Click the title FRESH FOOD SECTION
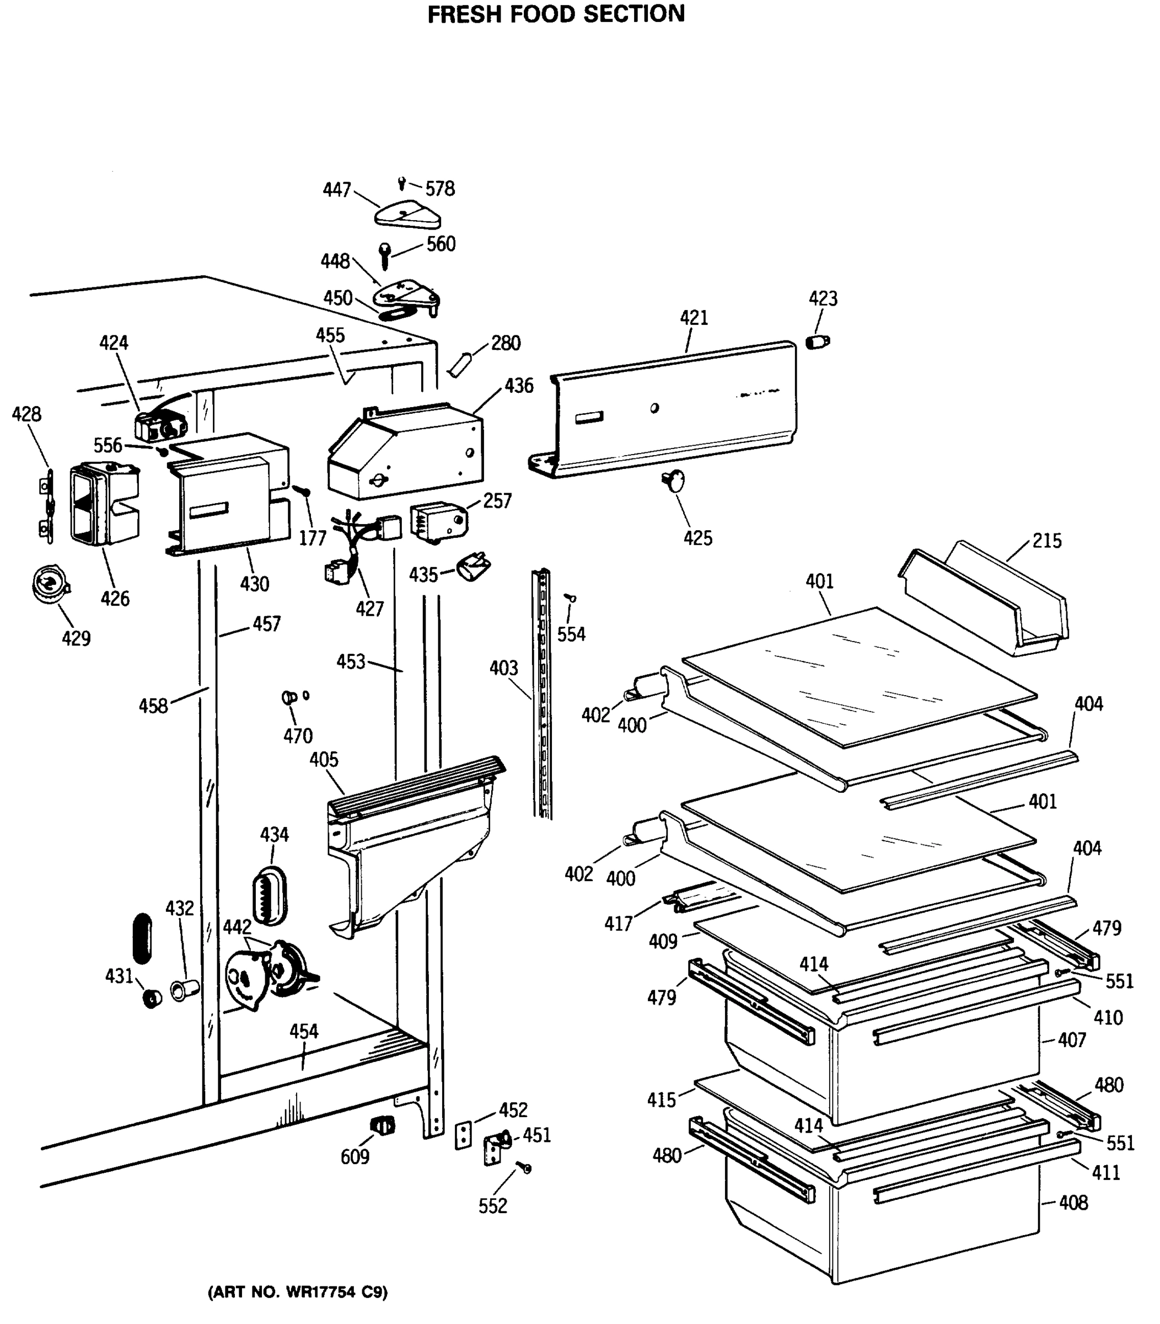click(x=556, y=14)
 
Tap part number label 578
click(x=440, y=189)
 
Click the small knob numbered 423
click(x=818, y=341)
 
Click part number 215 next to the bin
click(x=1047, y=540)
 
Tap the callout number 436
click(x=519, y=386)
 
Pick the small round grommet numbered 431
click(x=152, y=998)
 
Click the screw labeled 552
click(x=524, y=1167)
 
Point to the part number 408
click(x=1073, y=1202)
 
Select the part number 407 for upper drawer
click(x=1072, y=1040)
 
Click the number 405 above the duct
click(x=324, y=759)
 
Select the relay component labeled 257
click(x=437, y=521)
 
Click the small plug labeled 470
click(x=289, y=698)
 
